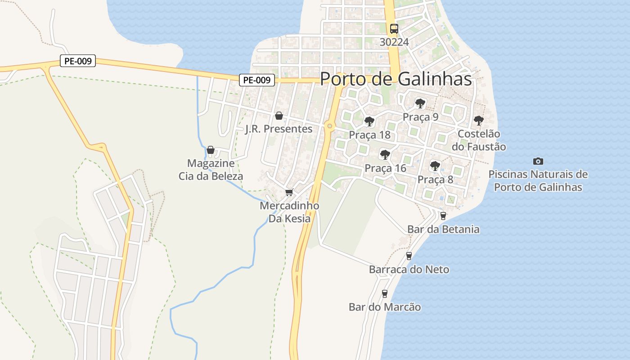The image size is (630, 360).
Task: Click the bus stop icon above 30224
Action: [394, 29]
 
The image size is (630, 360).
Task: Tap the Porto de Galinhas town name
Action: [396, 79]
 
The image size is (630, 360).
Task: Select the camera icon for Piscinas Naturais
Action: [538, 161]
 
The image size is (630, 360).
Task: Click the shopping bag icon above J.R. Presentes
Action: [279, 116]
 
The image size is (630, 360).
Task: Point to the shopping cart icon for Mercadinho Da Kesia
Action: [289, 193]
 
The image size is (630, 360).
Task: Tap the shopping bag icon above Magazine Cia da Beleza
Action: [211, 150]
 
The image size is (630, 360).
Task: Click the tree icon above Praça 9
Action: [420, 104]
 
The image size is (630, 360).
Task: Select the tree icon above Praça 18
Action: [369, 121]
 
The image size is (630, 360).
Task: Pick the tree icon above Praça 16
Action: [385, 155]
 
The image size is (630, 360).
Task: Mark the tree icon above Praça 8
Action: [435, 166]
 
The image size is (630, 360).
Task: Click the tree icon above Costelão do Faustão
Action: [478, 121]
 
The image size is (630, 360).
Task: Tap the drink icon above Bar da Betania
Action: [443, 216]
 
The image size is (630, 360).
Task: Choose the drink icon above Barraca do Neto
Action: [409, 256]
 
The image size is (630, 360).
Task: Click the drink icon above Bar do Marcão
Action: [384, 294]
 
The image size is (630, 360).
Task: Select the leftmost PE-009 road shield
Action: [78, 61]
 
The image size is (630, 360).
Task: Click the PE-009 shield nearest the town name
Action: [256, 80]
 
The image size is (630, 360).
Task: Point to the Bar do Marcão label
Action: [385, 307]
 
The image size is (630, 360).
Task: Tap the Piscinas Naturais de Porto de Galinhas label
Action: [538, 180]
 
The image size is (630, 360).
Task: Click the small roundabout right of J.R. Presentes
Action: [330, 126]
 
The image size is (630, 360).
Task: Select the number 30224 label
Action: [394, 42]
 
